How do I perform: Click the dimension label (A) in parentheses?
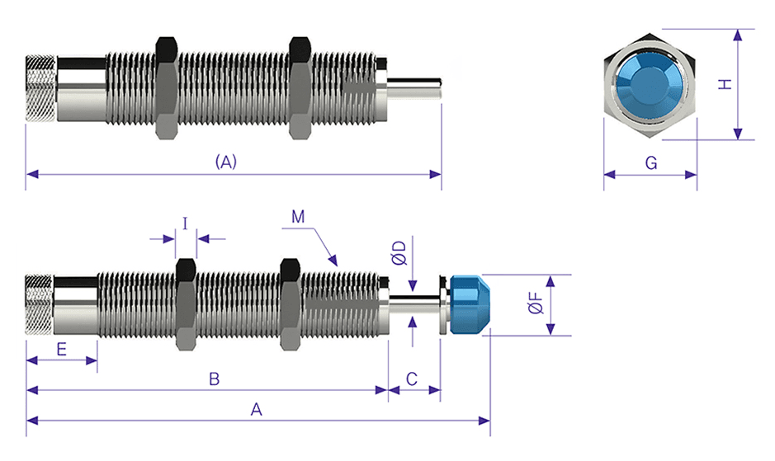point(225,162)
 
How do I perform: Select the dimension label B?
point(213,379)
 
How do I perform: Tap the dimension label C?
point(413,379)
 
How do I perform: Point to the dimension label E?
point(61,349)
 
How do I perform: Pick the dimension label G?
point(650,163)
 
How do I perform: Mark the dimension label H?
point(724,84)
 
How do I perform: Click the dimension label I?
point(185,223)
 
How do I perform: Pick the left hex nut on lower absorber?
point(186,303)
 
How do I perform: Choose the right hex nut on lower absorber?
point(289,303)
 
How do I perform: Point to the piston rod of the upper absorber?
point(418,85)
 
